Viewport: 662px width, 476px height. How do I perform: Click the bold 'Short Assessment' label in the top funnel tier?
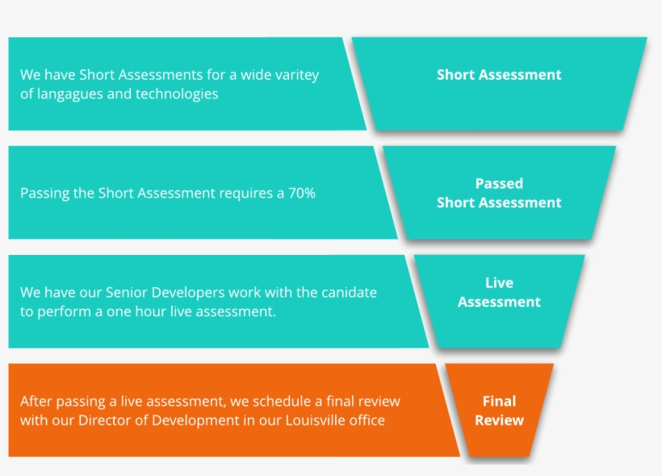click(x=499, y=75)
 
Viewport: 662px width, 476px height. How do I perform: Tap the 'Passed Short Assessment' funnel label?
click(x=499, y=194)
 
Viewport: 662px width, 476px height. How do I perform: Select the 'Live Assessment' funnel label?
click(x=499, y=293)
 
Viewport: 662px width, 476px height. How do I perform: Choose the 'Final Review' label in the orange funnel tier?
click(x=499, y=411)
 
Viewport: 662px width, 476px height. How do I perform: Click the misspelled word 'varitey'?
click(x=295, y=75)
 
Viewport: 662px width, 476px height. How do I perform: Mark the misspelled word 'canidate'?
click(x=348, y=292)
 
